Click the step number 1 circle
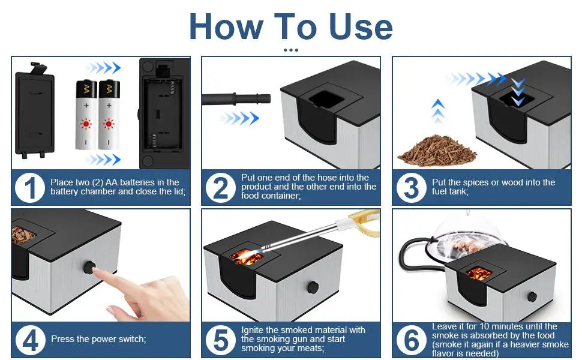pyautogui.click(x=30, y=188)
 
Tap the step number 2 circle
pyautogui.click(x=221, y=188)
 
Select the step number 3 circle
pyautogui.click(x=412, y=188)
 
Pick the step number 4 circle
pyautogui.click(x=30, y=340)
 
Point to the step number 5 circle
pyautogui.click(x=221, y=340)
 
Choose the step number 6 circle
pyautogui.click(x=412, y=340)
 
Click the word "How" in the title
pyautogui.click(x=227, y=26)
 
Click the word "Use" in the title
pyautogui.click(x=360, y=26)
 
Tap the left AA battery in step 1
pyautogui.click(x=86, y=115)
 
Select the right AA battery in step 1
pyautogui.click(x=109, y=115)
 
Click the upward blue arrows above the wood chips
pyautogui.click(x=439, y=112)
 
